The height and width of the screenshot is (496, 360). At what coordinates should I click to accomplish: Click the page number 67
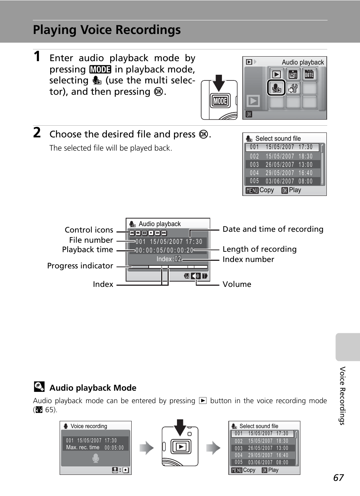(338, 478)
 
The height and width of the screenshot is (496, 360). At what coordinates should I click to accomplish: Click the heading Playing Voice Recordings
(107, 30)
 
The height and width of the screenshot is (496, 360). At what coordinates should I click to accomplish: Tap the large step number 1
(37, 57)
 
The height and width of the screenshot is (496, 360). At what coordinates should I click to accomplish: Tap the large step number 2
(37, 133)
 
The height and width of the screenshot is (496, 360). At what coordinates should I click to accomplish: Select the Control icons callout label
(89, 230)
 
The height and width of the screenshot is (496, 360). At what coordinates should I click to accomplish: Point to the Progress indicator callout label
(80, 266)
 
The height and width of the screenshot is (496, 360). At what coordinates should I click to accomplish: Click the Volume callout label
(237, 284)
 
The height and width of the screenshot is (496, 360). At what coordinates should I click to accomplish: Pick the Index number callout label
(248, 259)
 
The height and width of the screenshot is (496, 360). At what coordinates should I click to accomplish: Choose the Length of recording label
(259, 249)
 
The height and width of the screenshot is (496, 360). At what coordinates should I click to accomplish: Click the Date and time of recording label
(273, 229)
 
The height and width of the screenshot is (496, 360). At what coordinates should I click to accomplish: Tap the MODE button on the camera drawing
(220, 101)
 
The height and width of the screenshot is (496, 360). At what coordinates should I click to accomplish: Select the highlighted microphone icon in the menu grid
(276, 88)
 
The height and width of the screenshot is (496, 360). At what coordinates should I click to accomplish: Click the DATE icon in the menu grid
(309, 74)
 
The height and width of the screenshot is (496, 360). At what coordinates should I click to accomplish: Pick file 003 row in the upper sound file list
(282, 165)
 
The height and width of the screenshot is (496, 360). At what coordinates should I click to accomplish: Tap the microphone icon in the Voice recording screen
(96, 458)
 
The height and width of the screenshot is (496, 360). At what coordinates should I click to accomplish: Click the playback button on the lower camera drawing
(181, 447)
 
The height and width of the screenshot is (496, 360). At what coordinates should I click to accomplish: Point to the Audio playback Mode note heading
(93, 388)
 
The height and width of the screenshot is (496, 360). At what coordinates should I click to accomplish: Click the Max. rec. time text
(83, 447)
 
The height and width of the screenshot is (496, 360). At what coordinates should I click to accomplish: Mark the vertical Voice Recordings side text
(342, 396)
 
